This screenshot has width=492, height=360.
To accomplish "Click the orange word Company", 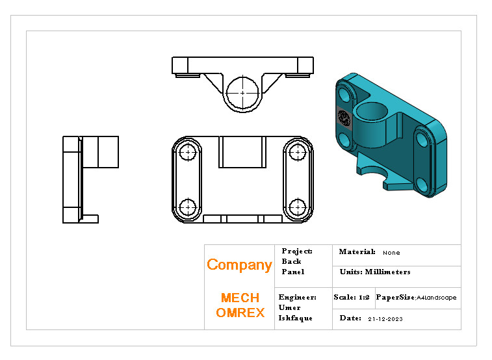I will [239, 265].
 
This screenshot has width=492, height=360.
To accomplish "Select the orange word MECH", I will [240, 298].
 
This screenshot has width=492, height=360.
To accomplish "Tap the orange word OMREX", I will [240, 313].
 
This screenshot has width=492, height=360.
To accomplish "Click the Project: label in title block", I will [297, 251].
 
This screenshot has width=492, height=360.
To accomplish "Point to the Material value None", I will [391, 253].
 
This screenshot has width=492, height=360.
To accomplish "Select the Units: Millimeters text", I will [375, 272].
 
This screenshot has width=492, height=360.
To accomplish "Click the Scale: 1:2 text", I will [352, 298].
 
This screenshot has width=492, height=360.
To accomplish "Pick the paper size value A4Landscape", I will [436, 298].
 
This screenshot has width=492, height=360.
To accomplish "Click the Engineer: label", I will [297, 298].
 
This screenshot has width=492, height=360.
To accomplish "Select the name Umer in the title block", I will [289, 308].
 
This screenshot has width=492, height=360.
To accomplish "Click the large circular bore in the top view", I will [242, 92].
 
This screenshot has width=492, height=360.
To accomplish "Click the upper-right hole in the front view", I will [298, 153].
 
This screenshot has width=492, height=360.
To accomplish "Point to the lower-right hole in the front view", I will [298, 207].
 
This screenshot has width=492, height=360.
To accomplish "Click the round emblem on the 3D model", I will [344, 118].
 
